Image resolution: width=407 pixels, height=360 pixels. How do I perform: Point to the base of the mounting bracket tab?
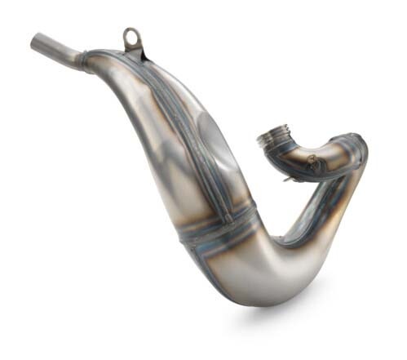pyautogui.click(x=134, y=51)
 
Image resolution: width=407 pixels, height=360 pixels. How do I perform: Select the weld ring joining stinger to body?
pyautogui.click(x=84, y=57)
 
